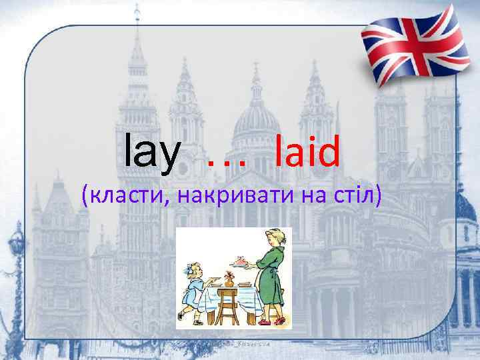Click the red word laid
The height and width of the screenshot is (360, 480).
click(307, 151)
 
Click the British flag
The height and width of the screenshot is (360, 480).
click(413, 44)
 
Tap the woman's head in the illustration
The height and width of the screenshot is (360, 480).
click(274, 238)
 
